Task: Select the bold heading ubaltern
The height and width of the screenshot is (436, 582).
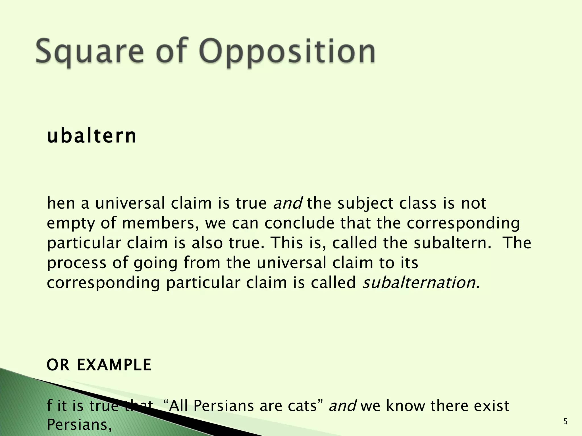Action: click(92, 137)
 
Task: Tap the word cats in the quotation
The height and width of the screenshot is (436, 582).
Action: click(302, 406)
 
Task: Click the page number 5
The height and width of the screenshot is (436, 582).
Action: click(566, 422)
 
